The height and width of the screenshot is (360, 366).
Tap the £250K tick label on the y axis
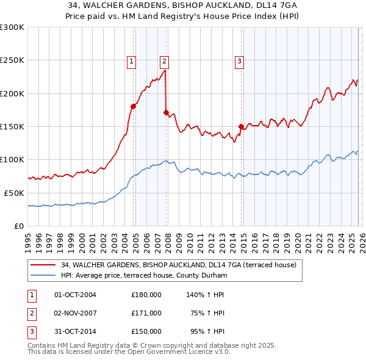pyautogui.click(x=12, y=60)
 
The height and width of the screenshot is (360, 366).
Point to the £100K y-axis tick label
pyautogui.click(x=12, y=159)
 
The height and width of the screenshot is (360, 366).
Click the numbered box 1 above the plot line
pyautogui.click(x=132, y=60)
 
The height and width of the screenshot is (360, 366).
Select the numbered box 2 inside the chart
pyautogui.click(x=165, y=60)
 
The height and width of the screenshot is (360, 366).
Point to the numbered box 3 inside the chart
pyautogui.click(x=239, y=60)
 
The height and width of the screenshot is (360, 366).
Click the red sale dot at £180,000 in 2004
pyautogui.click(x=133, y=106)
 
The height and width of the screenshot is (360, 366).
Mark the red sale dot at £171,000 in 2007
pyautogui.click(x=166, y=112)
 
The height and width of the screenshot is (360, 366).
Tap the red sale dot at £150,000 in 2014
pyautogui.click(x=241, y=126)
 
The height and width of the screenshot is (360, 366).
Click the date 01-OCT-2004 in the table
pyautogui.click(x=75, y=295)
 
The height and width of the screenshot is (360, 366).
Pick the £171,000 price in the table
pyautogui.click(x=146, y=313)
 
